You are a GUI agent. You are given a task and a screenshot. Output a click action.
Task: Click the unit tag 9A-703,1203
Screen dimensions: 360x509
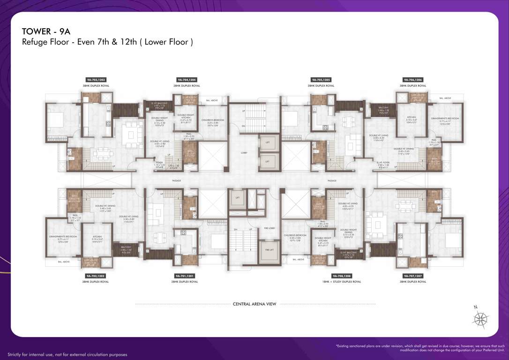coord(96,80)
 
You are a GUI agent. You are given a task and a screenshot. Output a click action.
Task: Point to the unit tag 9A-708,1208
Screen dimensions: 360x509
coord(342,276)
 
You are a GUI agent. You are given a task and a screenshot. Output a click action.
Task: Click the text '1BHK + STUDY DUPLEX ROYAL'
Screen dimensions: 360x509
coord(342,282)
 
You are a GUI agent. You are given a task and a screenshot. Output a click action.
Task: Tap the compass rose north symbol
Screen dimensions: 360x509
coord(480,319)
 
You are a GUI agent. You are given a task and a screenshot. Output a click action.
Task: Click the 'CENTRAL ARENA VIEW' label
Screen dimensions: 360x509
coord(254,304)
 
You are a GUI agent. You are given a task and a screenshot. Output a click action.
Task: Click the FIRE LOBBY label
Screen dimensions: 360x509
coord(269,228)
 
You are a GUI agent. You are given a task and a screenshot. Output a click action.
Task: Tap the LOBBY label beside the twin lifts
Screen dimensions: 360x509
coord(244,153)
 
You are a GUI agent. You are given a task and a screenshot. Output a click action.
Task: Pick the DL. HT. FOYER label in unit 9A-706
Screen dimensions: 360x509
coord(383,165)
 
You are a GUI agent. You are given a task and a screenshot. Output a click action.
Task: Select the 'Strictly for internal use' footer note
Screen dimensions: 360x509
coord(67,354)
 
